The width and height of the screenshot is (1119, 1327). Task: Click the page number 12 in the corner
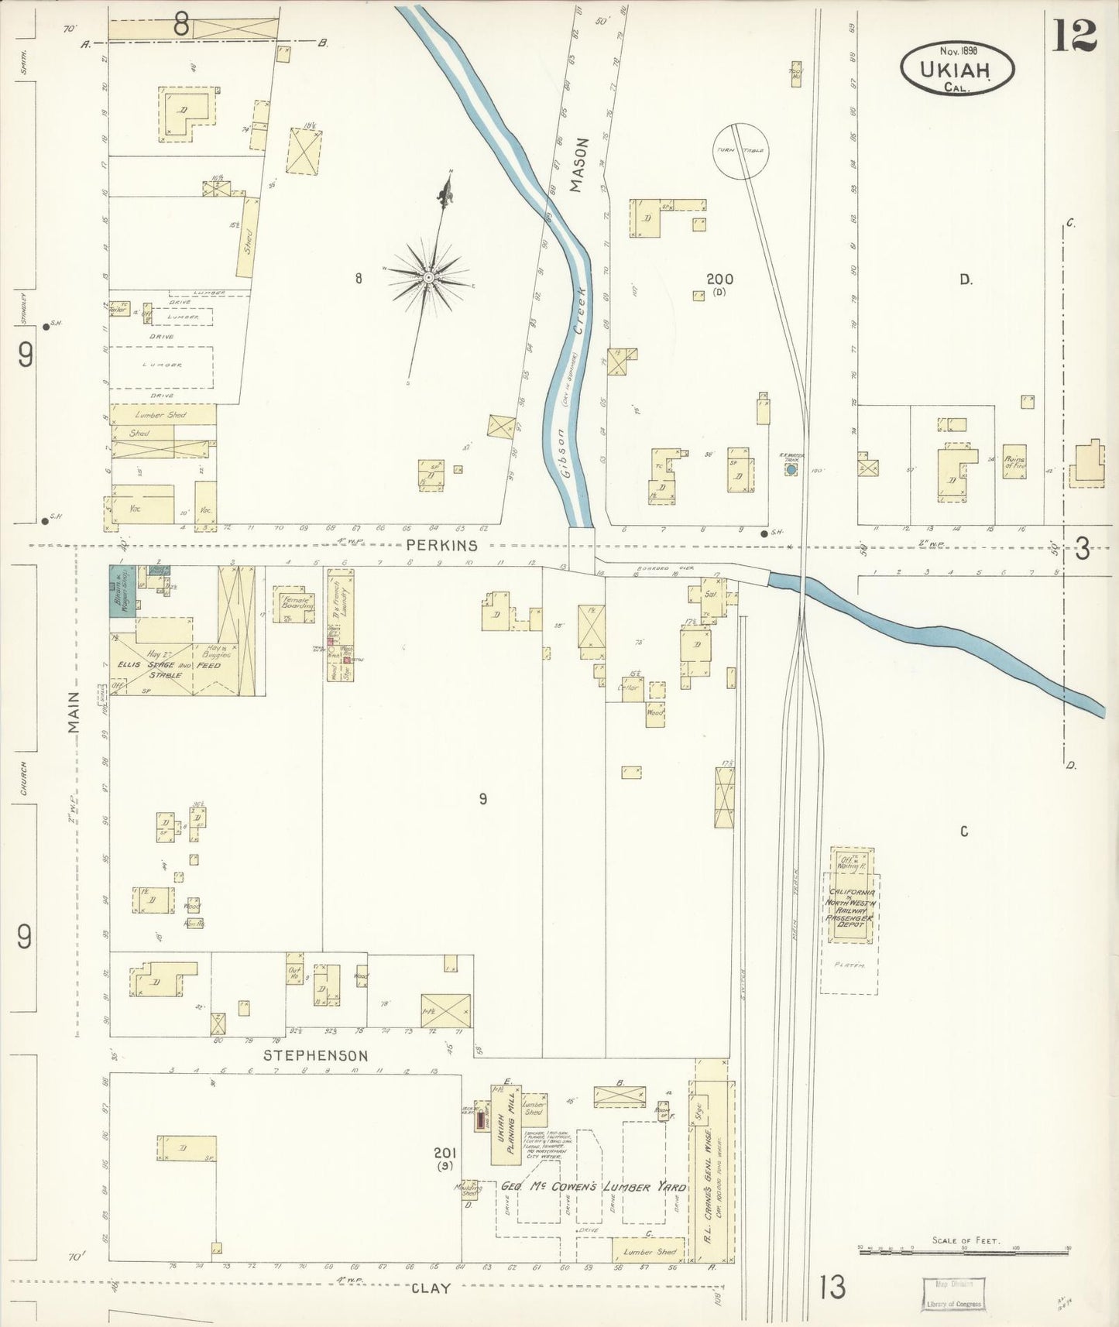(1075, 35)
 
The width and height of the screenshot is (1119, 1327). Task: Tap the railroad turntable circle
(739, 151)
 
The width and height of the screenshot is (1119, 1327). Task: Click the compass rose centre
(427, 276)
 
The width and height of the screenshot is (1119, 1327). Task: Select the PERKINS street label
(442, 545)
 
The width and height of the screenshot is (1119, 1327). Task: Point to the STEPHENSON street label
(315, 1055)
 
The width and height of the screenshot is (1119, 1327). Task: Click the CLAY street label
(431, 1288)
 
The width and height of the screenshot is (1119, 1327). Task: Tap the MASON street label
(580, 165)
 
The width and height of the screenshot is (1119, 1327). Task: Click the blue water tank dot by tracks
(791, 469)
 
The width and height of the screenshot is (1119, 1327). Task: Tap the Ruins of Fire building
(1014, 462)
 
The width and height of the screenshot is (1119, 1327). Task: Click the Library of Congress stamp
(953, 1294)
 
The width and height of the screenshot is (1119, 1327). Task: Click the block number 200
(719, 279)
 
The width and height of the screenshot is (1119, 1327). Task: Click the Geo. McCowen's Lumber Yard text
(594, 1187)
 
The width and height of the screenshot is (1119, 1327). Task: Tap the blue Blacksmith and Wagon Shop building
(122, 590)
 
